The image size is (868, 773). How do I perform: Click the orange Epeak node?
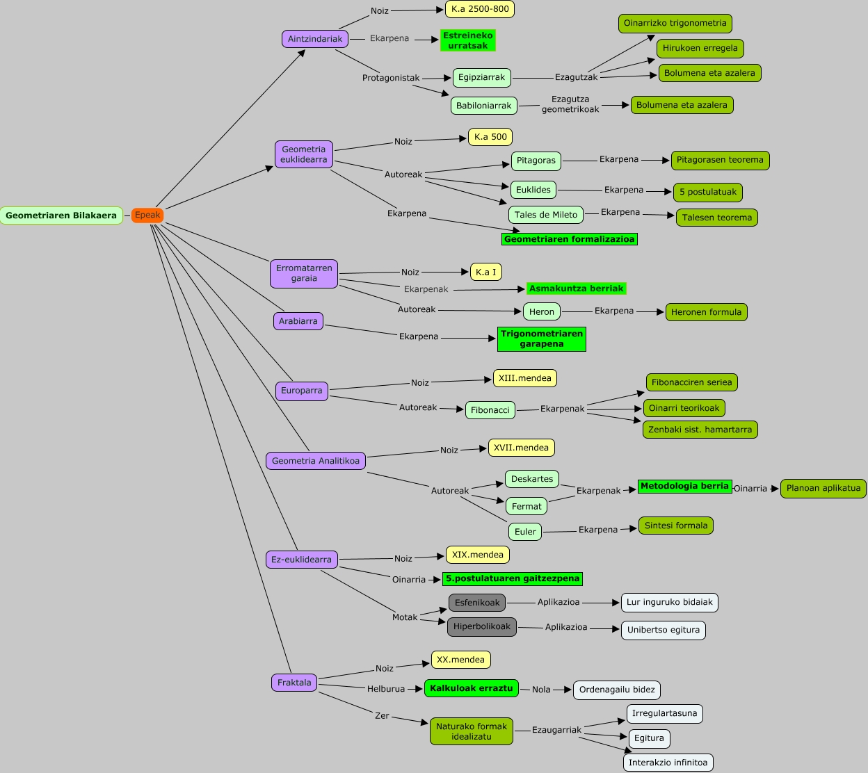point(147,215)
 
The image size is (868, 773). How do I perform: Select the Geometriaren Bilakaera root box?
point(61,215)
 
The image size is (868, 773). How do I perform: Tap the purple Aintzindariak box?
point(315,39)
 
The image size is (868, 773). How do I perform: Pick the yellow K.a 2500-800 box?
point(480,9)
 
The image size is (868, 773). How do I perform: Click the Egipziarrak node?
point(482,78)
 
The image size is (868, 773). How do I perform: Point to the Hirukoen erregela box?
point(700,49)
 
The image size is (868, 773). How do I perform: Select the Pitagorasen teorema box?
point(720,160)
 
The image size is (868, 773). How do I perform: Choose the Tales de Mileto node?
point(546,215)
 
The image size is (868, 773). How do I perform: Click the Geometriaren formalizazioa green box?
point(570,239)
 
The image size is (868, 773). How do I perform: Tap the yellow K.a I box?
point(486,272)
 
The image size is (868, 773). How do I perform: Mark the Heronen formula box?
point(707,312)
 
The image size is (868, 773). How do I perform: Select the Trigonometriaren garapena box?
point(542,339)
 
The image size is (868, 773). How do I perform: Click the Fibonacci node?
point(490,410)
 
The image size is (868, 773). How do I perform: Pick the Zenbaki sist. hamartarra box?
point(700,430)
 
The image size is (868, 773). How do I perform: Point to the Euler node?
point(525,532)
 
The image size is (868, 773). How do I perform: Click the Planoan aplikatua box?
point(823,489)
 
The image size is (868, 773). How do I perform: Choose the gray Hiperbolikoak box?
point(482,627)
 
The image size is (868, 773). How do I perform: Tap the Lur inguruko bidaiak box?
point(670,603)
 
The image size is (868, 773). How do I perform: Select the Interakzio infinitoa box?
point(668,763)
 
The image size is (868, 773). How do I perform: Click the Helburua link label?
point(385,689)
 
